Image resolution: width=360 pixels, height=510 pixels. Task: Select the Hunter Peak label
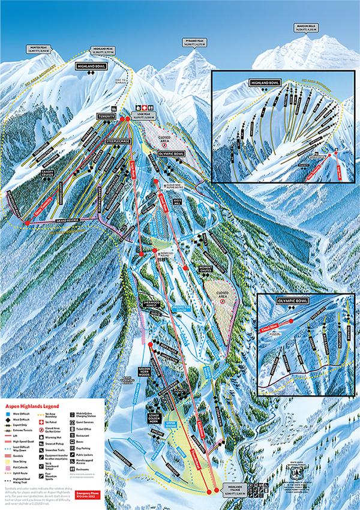point(37,50)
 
